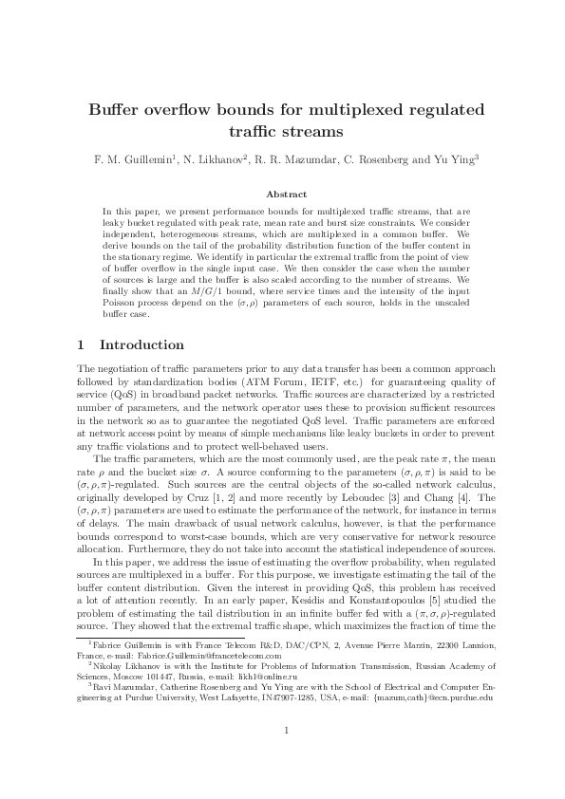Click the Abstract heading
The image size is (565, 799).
click(282, 194)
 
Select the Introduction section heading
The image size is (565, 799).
click(141, 344)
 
